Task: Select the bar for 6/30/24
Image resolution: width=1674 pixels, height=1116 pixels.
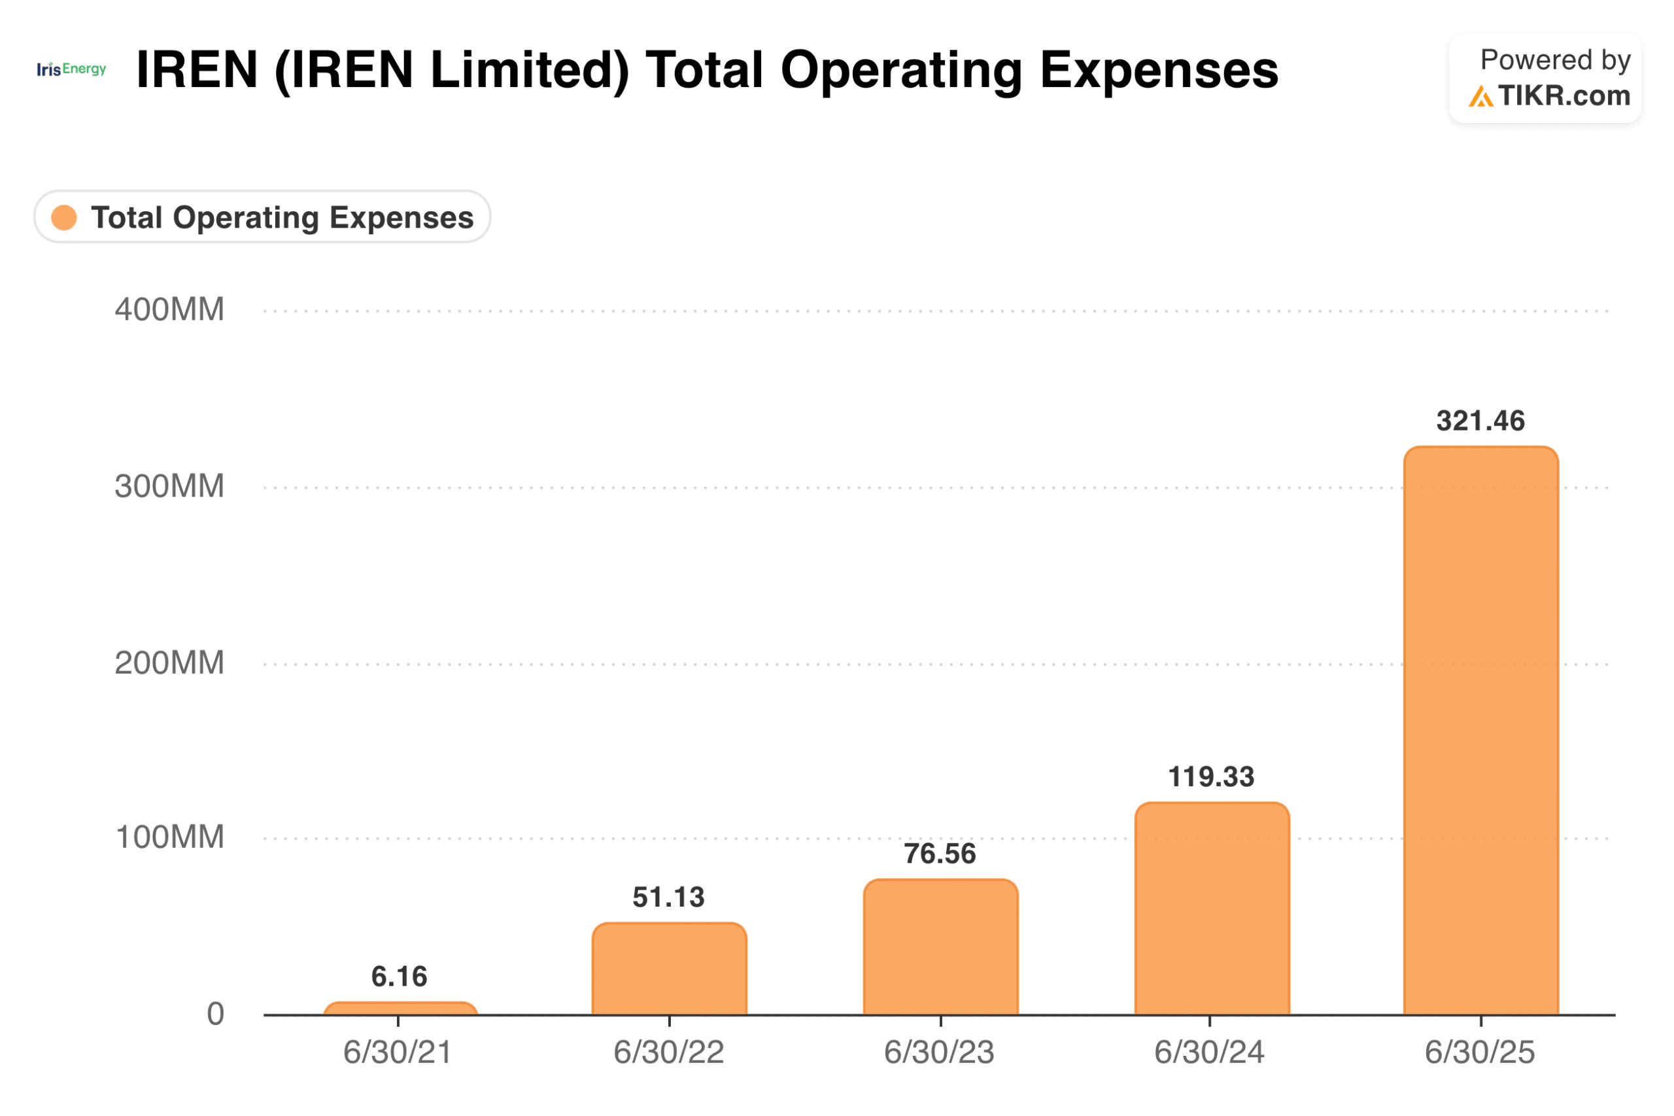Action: tap(1211, 908)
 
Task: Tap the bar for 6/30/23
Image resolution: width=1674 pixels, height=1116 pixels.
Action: tap(940, 947)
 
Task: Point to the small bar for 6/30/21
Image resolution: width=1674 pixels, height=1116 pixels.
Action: tap(400, 1008)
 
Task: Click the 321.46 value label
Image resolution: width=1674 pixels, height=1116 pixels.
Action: tap(1480, 421)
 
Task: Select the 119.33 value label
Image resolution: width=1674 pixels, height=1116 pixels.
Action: tap(1211, 776)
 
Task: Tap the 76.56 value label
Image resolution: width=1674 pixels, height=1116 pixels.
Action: tap(940, 854)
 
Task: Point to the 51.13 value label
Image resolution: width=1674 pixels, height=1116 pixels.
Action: tap(669, 897)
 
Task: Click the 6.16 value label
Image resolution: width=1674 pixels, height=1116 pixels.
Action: tap(399, 977)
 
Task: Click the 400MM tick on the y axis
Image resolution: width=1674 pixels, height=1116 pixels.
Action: tap(169, 309)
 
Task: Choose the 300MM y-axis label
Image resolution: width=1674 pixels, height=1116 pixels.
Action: tap(169, 486)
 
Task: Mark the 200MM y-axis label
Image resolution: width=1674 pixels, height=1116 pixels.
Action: tap(169, 663)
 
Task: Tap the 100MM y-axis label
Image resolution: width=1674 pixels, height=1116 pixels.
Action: tap(169, 837)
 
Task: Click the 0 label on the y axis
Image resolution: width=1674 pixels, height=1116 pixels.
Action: tap(215, 1013)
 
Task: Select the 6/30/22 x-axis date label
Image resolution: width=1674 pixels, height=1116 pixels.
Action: tap(669, 1052)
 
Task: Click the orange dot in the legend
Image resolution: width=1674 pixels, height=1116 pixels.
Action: tap(64, 217)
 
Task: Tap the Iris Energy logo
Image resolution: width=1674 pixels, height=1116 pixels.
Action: tap(71, 69)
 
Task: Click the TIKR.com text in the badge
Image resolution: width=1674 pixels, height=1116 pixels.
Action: tap(1562, 96)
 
